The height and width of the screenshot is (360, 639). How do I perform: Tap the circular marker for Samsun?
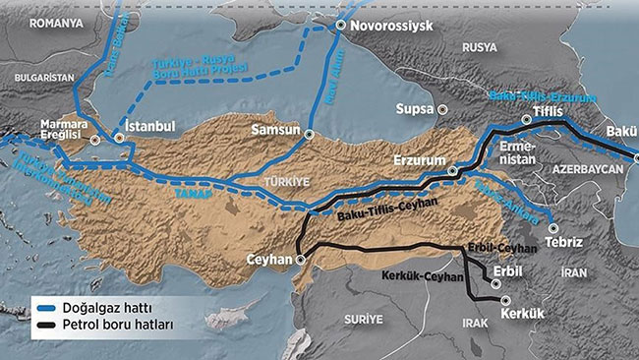point(309,135)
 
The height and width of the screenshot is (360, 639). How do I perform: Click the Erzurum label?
point(419,159)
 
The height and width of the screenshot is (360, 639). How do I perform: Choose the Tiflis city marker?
point(527,120)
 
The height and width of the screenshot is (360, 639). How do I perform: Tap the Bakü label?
point(622,131)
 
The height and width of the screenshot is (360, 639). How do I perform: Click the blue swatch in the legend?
point(43,306)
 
